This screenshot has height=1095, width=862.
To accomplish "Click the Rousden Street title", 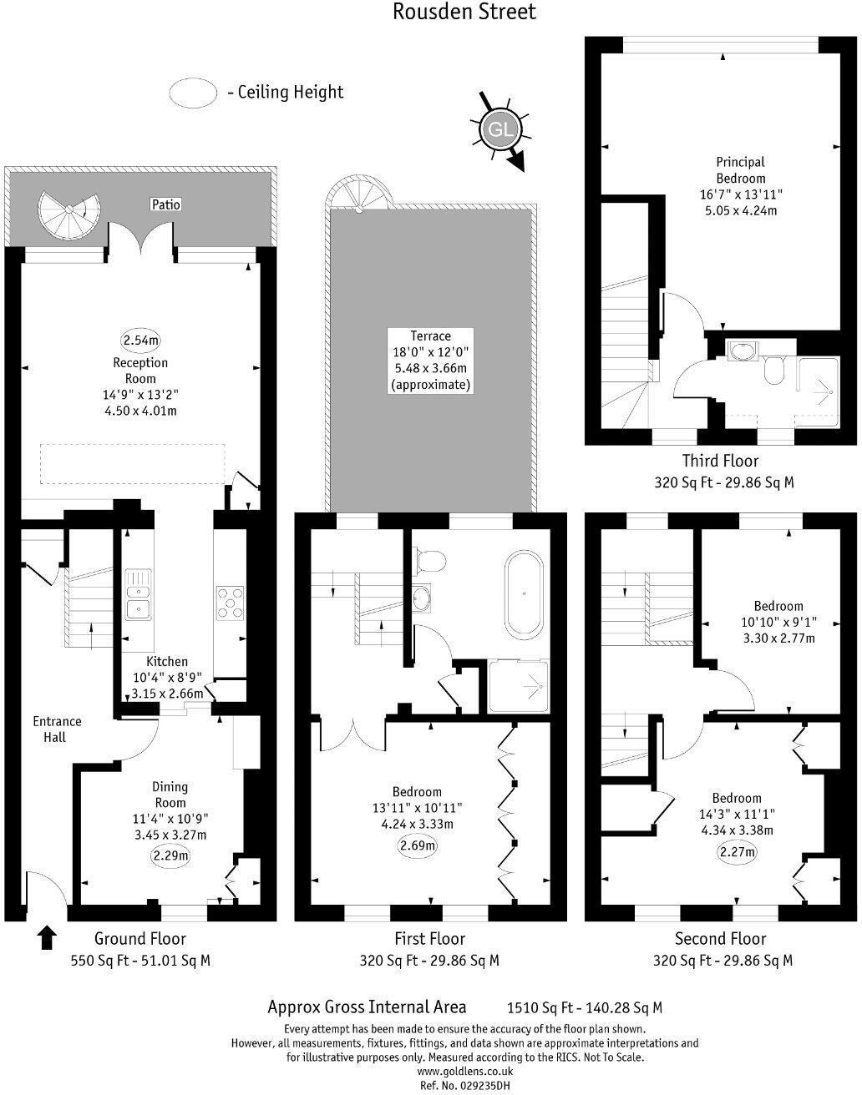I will (464, 12).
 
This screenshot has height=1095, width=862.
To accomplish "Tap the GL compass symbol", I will (499, 130).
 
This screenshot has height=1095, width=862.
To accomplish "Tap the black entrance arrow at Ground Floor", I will (47, 937).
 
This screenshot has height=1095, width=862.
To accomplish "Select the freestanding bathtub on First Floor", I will (524, 593).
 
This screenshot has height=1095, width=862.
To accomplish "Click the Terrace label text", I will (430, 336).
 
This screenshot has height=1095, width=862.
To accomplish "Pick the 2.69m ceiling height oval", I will (418, 845).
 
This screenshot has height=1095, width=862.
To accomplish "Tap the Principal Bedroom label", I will (740, 170).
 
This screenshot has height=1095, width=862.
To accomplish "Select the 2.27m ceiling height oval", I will (738, 852).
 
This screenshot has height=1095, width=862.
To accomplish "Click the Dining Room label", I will (170, 795).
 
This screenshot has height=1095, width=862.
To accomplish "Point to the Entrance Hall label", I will (57, 729).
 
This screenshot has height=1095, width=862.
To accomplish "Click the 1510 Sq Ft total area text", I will (585, 1008).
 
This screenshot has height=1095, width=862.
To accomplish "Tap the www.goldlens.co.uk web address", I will (464, 1071).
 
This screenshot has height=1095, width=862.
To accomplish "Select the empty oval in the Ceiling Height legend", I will (194, 93).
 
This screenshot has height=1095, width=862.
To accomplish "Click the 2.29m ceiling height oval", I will (170, 855).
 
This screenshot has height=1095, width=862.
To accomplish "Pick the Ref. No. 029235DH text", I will (464, 1085).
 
